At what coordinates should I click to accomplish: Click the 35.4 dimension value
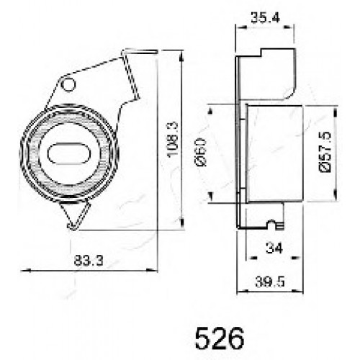(x=265, y=18)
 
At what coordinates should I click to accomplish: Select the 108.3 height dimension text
(x=174, y=140)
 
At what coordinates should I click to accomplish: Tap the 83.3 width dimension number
(x=89, y=260)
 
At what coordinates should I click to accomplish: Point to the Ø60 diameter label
(x=201, y=152)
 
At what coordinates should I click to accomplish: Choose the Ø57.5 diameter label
(x=325, y=152)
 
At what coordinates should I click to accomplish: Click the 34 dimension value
(x=274, y=248)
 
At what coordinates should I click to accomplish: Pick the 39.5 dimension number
(x=270, y=282)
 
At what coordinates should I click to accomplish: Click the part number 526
(x=220, y=338)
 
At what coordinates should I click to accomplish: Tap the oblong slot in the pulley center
(x=69, y=153)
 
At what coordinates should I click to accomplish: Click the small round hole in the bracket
(x=68, y=85)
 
